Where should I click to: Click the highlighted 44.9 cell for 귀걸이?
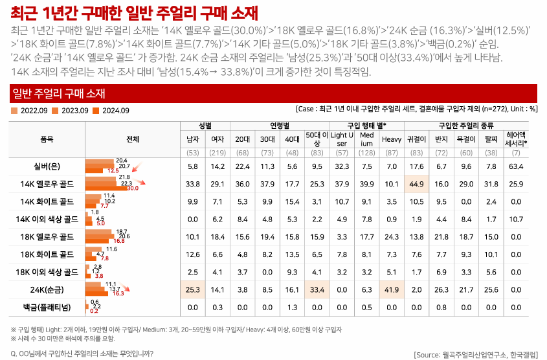tap(416, 185)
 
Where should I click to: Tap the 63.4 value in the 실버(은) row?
tap(516, 167)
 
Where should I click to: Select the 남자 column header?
tap(192, 139)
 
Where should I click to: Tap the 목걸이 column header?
tap(465, 139)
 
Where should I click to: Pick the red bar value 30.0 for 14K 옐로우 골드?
tap(133, 188)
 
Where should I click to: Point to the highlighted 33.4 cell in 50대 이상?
tap(317, 289)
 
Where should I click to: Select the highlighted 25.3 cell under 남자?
tap(192, 289)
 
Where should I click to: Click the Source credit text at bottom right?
tap(475, 354)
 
